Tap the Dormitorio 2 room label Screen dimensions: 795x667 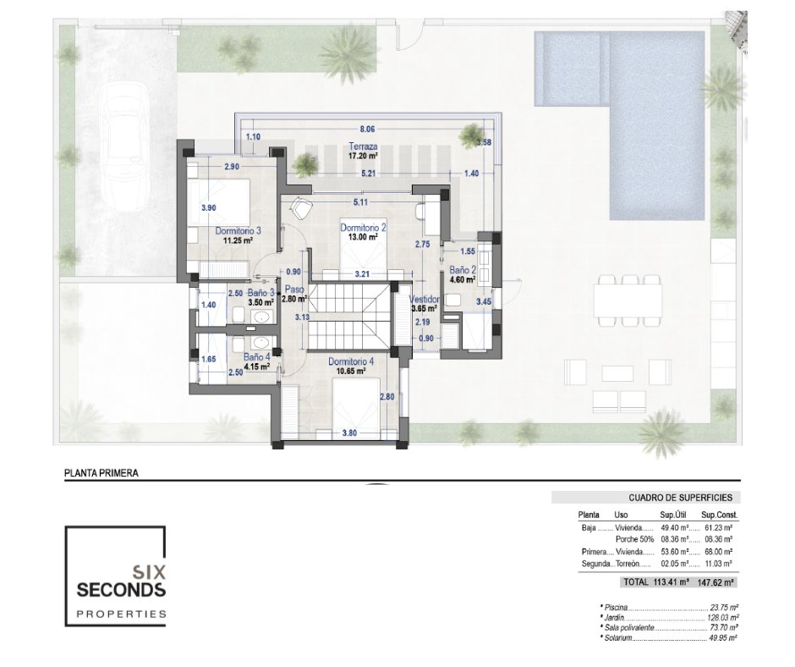coord(363,228)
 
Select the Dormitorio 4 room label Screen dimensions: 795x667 coord(351,361)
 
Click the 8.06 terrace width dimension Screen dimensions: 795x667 coord(368,130)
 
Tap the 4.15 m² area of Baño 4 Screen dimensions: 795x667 coord(256,366)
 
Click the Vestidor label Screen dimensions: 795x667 coord(424,300)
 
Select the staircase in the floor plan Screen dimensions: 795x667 coord(349,317)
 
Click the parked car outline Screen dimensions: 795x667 coord(123,146)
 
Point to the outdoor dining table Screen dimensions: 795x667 coord(628,300)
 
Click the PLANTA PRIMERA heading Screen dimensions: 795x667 coord(101,473)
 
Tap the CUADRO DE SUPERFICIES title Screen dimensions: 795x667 coord(681,498)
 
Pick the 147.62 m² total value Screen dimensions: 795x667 coord(715,582)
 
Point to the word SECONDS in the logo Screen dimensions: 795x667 coord(121,590)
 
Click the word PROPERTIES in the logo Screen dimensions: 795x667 coord(121,615)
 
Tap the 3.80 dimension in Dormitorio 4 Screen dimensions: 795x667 coord(350,433)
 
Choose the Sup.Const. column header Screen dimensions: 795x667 coord(720,515)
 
